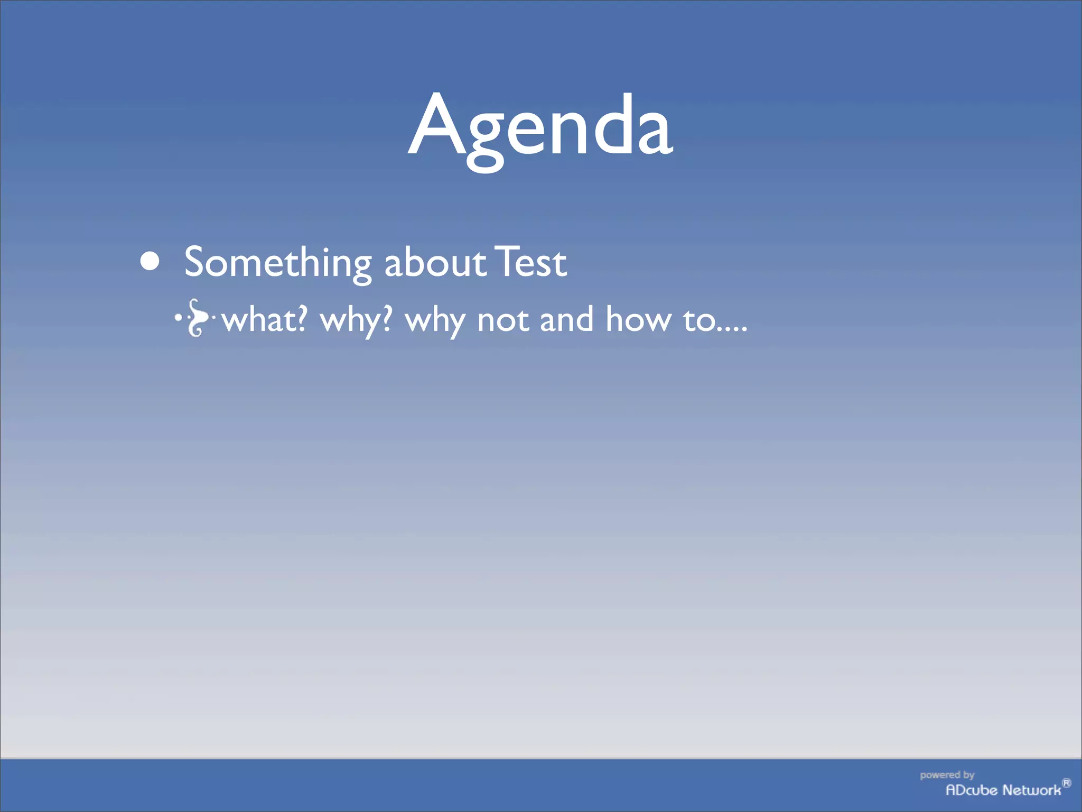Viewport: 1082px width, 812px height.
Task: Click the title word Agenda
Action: tap(540, 127)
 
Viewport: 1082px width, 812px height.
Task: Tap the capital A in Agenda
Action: tap(442, 126)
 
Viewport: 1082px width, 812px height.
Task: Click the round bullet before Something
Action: tap(151, 261)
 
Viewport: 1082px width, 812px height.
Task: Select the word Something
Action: tap(278, 263)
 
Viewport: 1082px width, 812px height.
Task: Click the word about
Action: tap(434, 263)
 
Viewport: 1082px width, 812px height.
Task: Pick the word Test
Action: tap(531, 263)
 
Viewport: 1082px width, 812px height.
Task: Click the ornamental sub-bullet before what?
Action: tap(195, 318)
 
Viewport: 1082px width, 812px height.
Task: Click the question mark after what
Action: tap(302, 319)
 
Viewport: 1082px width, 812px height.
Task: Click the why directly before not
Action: tap(435, 321)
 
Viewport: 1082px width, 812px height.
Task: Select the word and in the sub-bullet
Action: tap(566, 320)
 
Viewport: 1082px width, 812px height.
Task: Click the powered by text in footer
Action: tap(947, 775)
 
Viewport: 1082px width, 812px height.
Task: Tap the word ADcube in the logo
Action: tap(971, 790)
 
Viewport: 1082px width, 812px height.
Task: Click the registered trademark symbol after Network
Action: tap(1067, 783)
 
